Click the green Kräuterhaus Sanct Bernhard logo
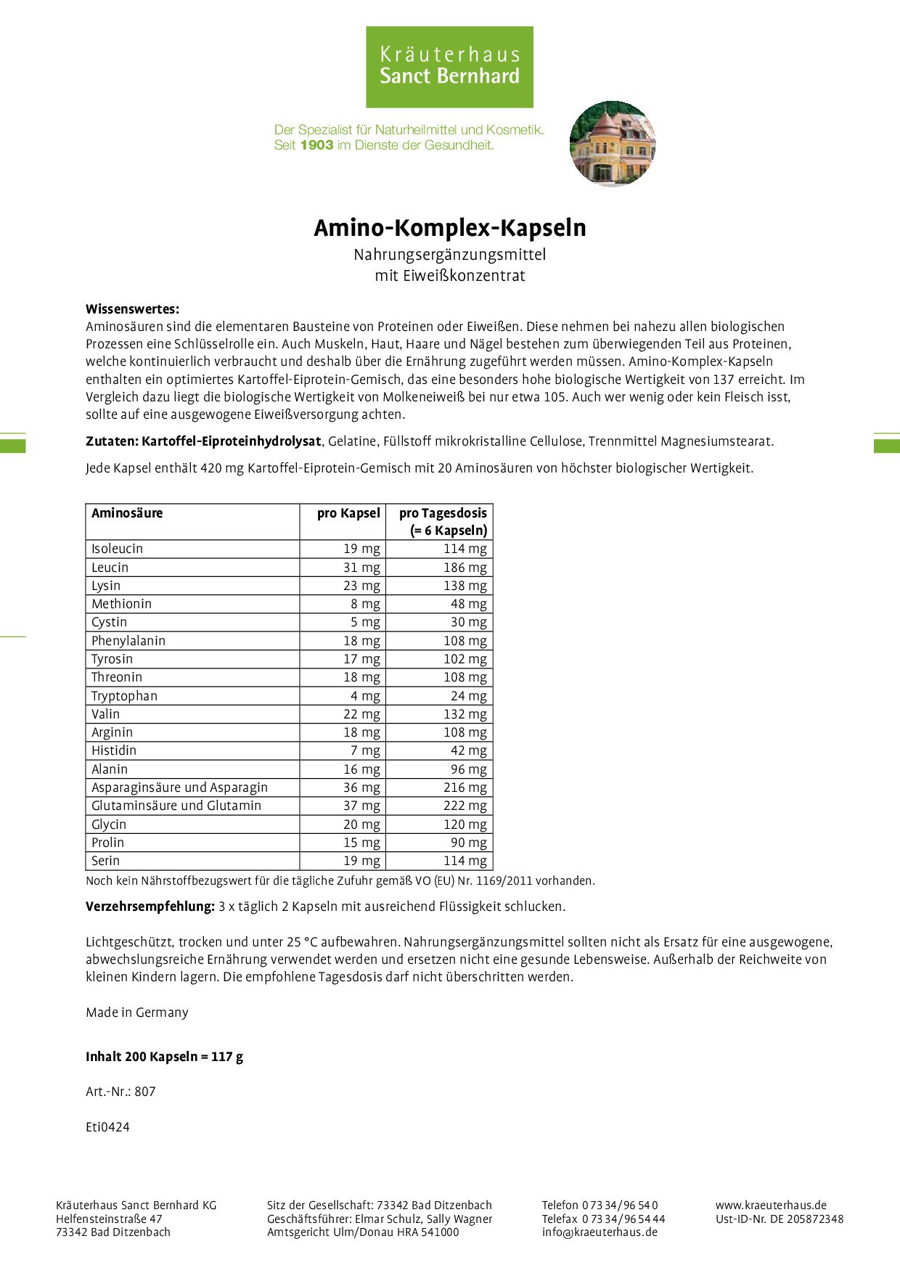coord(449,67)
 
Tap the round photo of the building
coord(613,144)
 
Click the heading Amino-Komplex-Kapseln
coord(449,228)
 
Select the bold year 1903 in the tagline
coord(316,145)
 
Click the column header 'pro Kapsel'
coord(348,513)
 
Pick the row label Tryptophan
coord(124,696)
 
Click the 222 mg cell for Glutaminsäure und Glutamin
coord(465,806)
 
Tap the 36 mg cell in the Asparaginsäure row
coord(361,787)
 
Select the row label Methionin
coord(121,604)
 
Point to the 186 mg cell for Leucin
coord(465,568)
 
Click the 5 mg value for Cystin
coord(365,622)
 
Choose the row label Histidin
coord(114,750)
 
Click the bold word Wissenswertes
coord(132,309)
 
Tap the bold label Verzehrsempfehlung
coord(150,906)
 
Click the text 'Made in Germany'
coord(136,1012)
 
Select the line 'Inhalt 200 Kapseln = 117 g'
coord(164,1057)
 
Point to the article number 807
coord(145,1092)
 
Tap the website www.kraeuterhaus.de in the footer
coord(771,1206)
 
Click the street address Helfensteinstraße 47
coord(109,1219)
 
